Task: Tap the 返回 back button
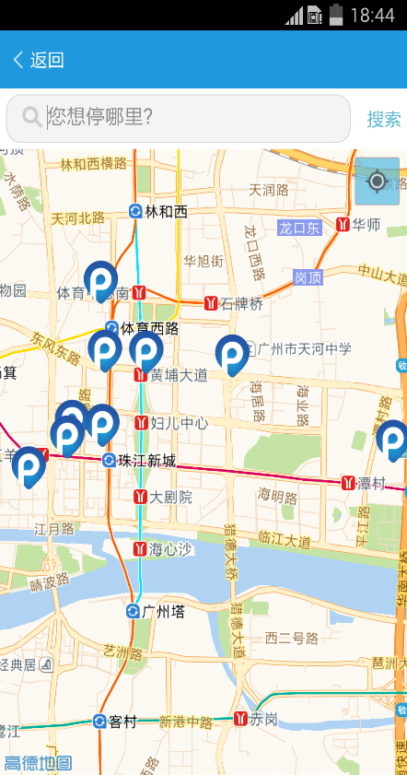(x=38, y=61)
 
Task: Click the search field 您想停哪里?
(x=179, y=118)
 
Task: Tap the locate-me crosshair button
(x=377, y=181)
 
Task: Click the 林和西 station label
(x=165, y=212)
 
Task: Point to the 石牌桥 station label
(x=240, y=303)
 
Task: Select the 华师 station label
(x=366, y=224)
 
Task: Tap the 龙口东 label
(x=299, y=227)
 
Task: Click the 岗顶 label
(x=308, y=276)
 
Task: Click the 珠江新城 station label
(x=145, y=461)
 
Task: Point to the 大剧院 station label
(x=170, y=497)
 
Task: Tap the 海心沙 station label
(x=170, y=549)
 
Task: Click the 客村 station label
(x=122, y=721)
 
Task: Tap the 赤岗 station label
(x=262, y=719)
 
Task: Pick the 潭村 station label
(x=371, y=483)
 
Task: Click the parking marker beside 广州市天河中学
(x=231, y=354)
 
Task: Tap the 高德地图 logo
(x=38, y=762)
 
